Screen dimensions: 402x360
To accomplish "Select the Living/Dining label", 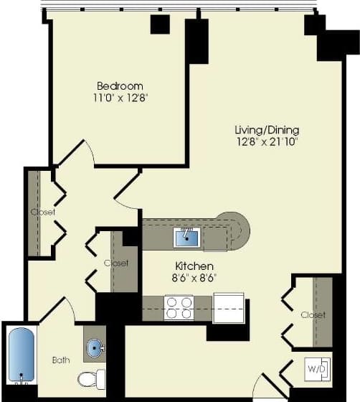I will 267,130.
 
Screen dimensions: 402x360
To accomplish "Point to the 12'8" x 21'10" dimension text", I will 267,141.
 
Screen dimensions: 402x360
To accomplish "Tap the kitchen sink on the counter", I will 186,235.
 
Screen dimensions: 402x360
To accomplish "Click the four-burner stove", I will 179,308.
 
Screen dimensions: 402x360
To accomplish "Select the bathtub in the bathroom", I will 22,353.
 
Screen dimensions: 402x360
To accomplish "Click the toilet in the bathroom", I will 92,378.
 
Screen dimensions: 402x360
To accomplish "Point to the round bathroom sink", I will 95,348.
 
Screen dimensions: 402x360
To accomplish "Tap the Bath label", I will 61,360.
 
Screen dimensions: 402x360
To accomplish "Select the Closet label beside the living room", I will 313,315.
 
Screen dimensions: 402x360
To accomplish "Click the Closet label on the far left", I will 42,212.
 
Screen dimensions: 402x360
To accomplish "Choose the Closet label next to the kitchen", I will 116,263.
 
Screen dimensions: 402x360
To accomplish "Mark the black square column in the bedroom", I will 159,24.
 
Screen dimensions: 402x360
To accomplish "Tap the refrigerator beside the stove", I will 229,307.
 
